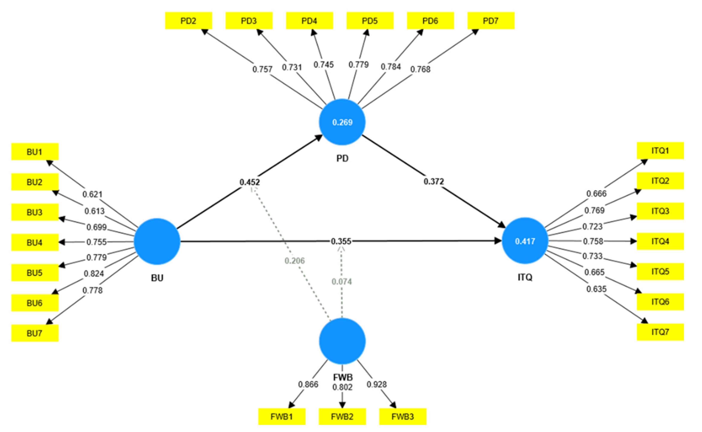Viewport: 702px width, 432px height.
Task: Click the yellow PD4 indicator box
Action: (309, 21)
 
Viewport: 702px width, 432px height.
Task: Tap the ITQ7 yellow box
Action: (660, 332)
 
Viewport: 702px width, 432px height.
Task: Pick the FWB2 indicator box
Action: (342, 417)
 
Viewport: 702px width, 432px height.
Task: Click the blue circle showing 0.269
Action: (342, 122)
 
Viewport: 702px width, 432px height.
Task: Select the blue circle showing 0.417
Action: (525, 241)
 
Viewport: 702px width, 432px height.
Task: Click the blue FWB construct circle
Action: (342, 341)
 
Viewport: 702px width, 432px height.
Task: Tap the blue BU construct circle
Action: (157, 241)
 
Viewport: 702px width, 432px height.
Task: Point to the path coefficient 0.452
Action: (249, 182)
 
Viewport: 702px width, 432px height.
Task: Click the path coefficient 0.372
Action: (434, 181)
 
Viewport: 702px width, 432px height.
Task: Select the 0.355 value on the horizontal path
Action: (341, 241)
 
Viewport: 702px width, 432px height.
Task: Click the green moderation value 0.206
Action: (295, 261)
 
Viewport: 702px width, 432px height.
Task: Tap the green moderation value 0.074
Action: (342, 282)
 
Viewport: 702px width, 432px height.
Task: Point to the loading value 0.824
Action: (94, 274)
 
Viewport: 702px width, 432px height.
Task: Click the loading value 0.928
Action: (376, 384)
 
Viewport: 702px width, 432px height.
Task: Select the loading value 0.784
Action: (391, 67)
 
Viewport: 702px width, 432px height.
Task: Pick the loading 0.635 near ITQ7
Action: (596, 289)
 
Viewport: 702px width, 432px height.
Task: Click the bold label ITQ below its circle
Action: (525, 277)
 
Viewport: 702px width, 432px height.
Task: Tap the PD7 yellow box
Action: (490, 21)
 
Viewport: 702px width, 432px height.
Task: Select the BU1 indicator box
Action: (35, 152)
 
